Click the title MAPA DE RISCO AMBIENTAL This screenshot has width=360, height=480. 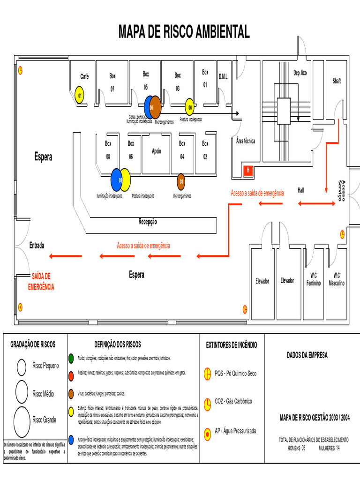(x=184, y=32)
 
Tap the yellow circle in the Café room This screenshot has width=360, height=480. (x=80, y=95)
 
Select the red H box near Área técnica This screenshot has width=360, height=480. (x=248, y=171)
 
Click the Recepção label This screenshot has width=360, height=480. (x=148, y=221)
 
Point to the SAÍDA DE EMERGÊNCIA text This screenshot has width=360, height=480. (x=41, y=281)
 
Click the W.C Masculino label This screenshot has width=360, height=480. (x=337, y=279)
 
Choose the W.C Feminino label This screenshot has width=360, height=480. (x=313, y=280)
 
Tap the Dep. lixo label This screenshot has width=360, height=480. (x=300, y=73)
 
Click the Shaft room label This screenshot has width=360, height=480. (x=337, y=81)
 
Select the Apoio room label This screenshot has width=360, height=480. (x=156, y=151)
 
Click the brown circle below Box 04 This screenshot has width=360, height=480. (x=181, y=181)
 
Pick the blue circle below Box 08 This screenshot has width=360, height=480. (x=116, y=180)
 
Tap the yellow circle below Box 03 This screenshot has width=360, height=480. (x=189, y=106)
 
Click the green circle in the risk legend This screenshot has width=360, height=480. (x=71, y=358)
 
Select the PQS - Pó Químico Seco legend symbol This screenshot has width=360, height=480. (x=207, y=374)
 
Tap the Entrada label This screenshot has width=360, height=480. (x=37, y=245)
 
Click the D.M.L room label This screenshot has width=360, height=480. (x=223, y=76)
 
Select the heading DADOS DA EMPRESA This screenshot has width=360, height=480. (x=307, y=355)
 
